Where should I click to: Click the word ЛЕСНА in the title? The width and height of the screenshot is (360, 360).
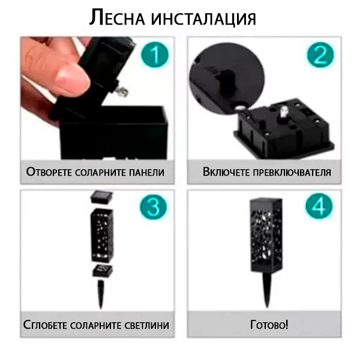click(x=117, y=17)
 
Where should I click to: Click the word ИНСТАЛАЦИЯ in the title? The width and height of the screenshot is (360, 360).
click(x=203, y=19)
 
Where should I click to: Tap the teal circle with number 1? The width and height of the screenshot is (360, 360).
click(x=155, y=55)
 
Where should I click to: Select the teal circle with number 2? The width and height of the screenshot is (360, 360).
click(x=320, y=55)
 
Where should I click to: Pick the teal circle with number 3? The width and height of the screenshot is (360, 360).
click(x=153, y=207)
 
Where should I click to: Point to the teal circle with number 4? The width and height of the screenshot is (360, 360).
click(x=319, y=206)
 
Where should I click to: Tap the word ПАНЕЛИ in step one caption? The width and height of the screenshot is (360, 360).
click(x=146, y=172)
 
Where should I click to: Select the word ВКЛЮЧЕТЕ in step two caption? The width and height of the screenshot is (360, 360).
click(x=226, y=172)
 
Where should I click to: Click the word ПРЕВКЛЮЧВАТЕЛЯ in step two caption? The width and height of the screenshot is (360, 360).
click(x=292, y=172)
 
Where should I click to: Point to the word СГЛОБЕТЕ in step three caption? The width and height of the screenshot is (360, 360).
click(x=45, y=325)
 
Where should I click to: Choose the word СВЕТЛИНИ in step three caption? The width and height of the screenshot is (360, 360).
click(x=147, y=325)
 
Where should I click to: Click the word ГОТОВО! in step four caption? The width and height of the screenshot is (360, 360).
click(x=269, y=325)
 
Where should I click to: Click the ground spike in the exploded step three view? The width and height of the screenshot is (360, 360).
click(x=101, y=294)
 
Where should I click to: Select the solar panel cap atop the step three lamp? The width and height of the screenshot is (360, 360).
click(x=102, y=197)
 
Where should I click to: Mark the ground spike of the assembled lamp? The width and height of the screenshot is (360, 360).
click(x=266, y=290)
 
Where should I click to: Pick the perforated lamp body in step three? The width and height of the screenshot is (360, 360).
click(x=102, y=235)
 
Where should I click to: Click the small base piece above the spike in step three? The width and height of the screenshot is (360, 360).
click(x=103, y=271)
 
